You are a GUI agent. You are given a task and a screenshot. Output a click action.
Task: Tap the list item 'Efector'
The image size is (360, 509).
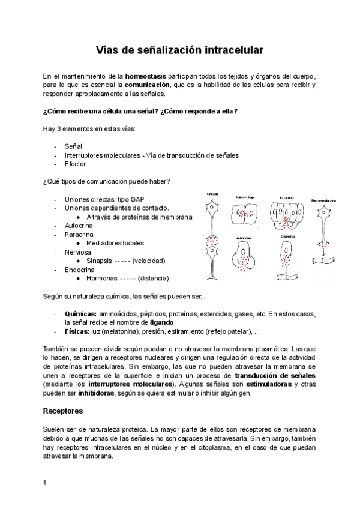(76, 164)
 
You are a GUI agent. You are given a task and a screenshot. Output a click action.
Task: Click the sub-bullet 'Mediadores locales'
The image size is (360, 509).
(115, 243)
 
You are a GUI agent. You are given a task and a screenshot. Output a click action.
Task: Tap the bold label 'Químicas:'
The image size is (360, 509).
(80, 314)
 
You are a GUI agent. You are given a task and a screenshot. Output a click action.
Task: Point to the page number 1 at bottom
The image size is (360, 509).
(45, 482)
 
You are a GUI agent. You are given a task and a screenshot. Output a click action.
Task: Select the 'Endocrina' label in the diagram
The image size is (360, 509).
(287, 236)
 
